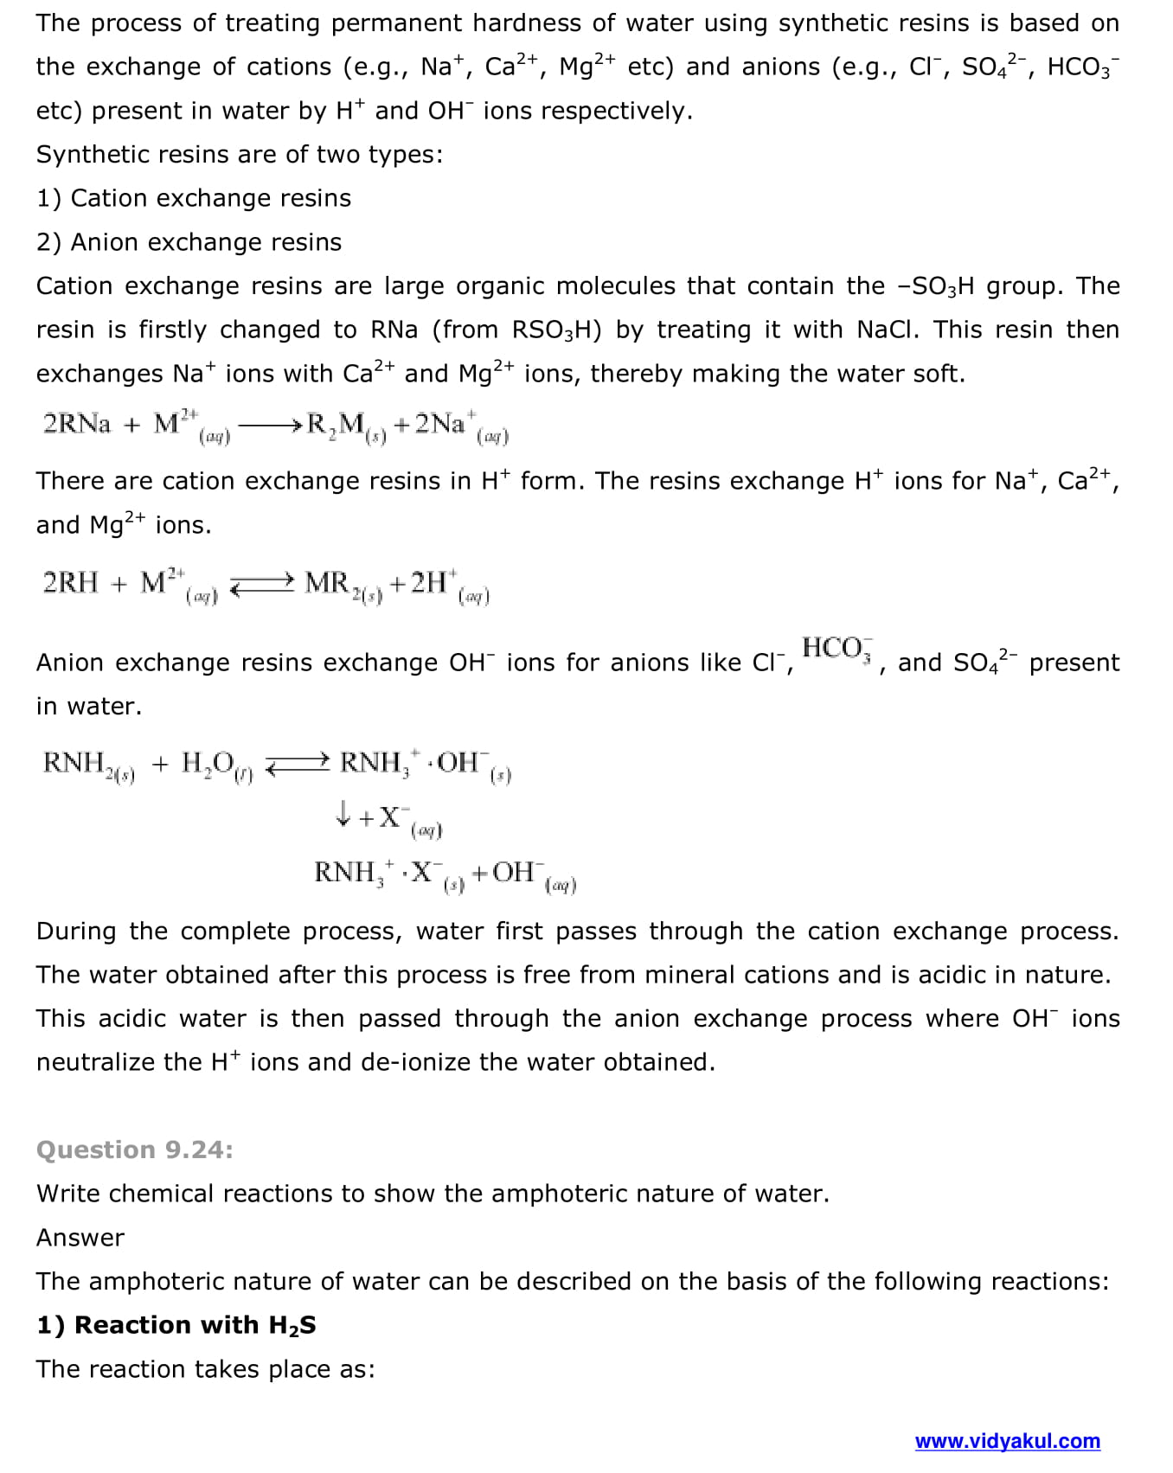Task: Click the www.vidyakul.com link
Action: coord(1007,1441)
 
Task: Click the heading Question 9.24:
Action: coord(134,1150)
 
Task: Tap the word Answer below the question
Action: coord(80,1238)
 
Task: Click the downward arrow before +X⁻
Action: coord(343,813)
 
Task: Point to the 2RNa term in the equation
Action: coord(77,424)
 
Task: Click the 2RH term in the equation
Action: coord(70,583)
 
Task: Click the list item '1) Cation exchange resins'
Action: coord(194,198)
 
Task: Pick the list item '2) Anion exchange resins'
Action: coord(189,242)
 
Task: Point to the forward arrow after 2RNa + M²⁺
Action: coord(269,425)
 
